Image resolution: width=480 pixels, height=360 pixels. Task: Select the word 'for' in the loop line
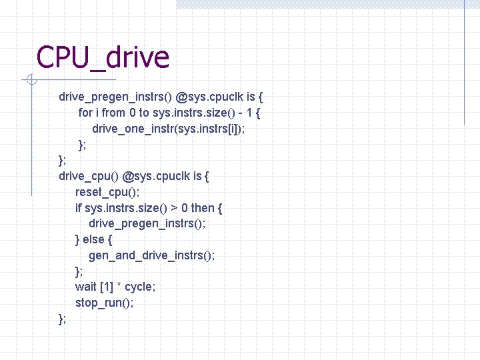[85, 113]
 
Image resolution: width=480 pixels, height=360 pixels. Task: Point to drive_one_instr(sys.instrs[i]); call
[168, 129]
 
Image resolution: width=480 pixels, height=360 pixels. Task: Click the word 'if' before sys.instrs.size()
[79, 208]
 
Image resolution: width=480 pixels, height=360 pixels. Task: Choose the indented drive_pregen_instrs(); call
[147, 223]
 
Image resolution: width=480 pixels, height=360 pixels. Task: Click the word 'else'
[95, 239]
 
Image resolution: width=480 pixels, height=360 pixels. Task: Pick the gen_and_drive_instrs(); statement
[151, 255]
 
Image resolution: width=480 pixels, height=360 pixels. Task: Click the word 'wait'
[85, 287]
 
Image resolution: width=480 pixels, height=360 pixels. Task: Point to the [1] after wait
[106, 287]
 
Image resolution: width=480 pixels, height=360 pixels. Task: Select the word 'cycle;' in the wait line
[140, 287]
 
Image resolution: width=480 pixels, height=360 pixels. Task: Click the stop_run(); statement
[104, 303]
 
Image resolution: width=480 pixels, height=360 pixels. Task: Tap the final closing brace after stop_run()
[62, 319]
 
